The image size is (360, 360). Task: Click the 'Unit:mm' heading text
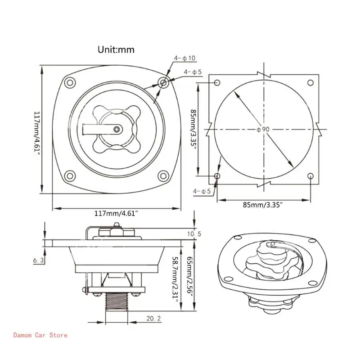(x=116, y=50)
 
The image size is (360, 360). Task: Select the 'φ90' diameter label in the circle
(x=263, y=129)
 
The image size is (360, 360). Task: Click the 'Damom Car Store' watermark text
(x=40, y=335)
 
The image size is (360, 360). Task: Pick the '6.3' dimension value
(x=38, y=261)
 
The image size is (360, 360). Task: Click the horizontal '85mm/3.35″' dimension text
(x=262, y=205)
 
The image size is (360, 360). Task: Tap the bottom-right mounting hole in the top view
(x=164, y=175)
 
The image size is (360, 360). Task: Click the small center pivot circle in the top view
(x=117, y=129)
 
